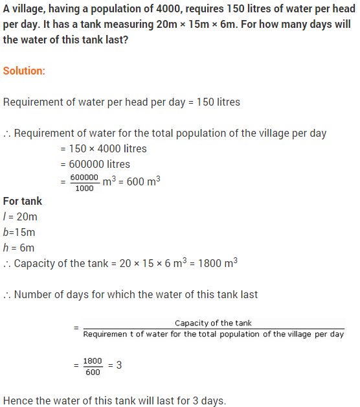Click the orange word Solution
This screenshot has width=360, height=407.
(23, 70)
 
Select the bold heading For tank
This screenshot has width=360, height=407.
(23, 201)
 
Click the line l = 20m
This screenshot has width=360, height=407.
(19, 216)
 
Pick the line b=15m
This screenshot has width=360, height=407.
(19, 232)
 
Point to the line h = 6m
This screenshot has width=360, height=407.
(19, 248)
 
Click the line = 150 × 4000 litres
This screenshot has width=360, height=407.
(104, 148)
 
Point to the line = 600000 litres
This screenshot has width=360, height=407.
(95, 164)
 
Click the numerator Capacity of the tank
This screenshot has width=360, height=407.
(214, 323)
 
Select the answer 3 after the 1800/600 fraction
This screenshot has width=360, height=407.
(119, 366)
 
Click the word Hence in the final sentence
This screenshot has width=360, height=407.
(18, 401)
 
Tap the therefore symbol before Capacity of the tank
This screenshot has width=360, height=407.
(7, 264)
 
